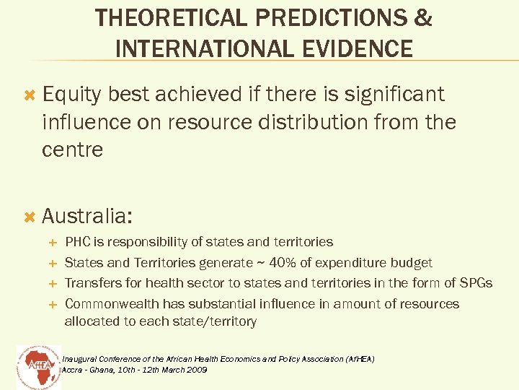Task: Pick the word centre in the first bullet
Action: (73, 149)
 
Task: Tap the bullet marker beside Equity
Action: (30, 95)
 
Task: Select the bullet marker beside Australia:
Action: (30, 216)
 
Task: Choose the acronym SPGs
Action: (475, 283)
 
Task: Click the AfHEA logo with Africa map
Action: (37, 367)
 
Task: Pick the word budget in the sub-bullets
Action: (413, 263)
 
